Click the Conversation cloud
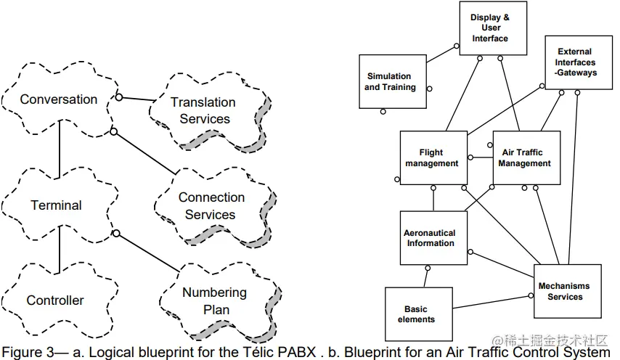pyautogui.click(x=58, y=99)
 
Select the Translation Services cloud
pyautogui.click(x=204, y=110)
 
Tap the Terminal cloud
pyautogui.click(x=56, y=205)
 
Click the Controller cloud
pyautogui.click(x=55, y=300)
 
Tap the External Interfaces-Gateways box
pyautogui.click(x=578, y=62)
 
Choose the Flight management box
pyautogui.click(x=433, y=158)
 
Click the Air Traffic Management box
pyautogui.click(x=526, y=158)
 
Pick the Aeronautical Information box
pyautogui.click(x=430, y=238)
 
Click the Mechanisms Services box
pyautogui.click(x=566, y=291)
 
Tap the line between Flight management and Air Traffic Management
pyautogui.click(x=480, y=157)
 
